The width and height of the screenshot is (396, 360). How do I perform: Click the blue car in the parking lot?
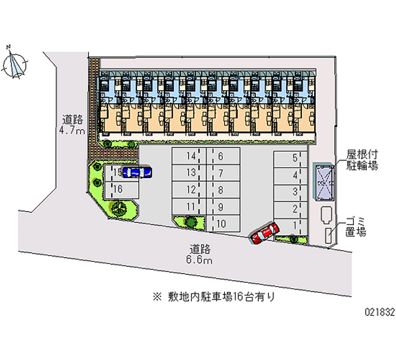point(137,172)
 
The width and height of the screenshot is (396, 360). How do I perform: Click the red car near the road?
point(265,232)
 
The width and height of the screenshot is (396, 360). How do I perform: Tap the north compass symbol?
point(16,64)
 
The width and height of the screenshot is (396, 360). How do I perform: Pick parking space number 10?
point(221,224)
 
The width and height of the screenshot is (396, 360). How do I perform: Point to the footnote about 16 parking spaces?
point(214,297)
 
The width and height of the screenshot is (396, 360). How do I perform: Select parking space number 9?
point(221,207)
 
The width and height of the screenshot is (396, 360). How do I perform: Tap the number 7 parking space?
point(221,173)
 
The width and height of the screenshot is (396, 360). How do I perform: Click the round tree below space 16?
point(119,208)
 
